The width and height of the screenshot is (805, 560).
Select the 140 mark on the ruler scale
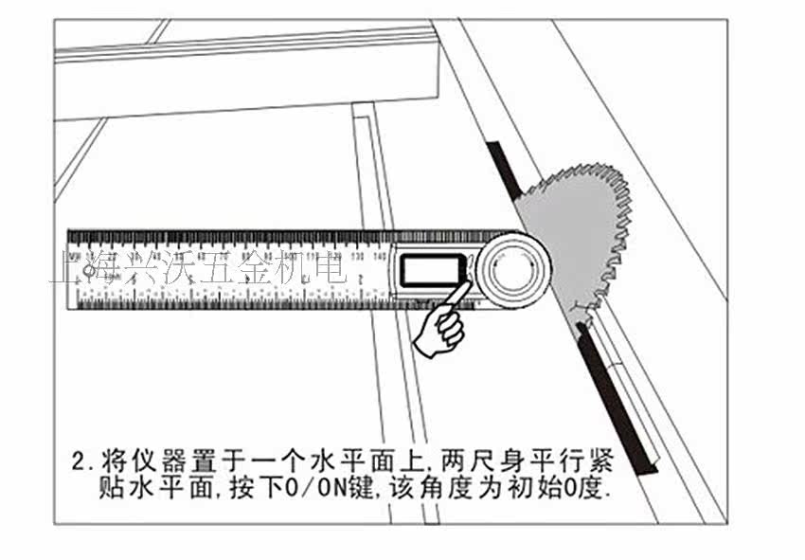[379, 257]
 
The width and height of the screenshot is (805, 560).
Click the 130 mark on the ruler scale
[356, 257]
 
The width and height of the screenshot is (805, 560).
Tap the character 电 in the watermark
[331, 268]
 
